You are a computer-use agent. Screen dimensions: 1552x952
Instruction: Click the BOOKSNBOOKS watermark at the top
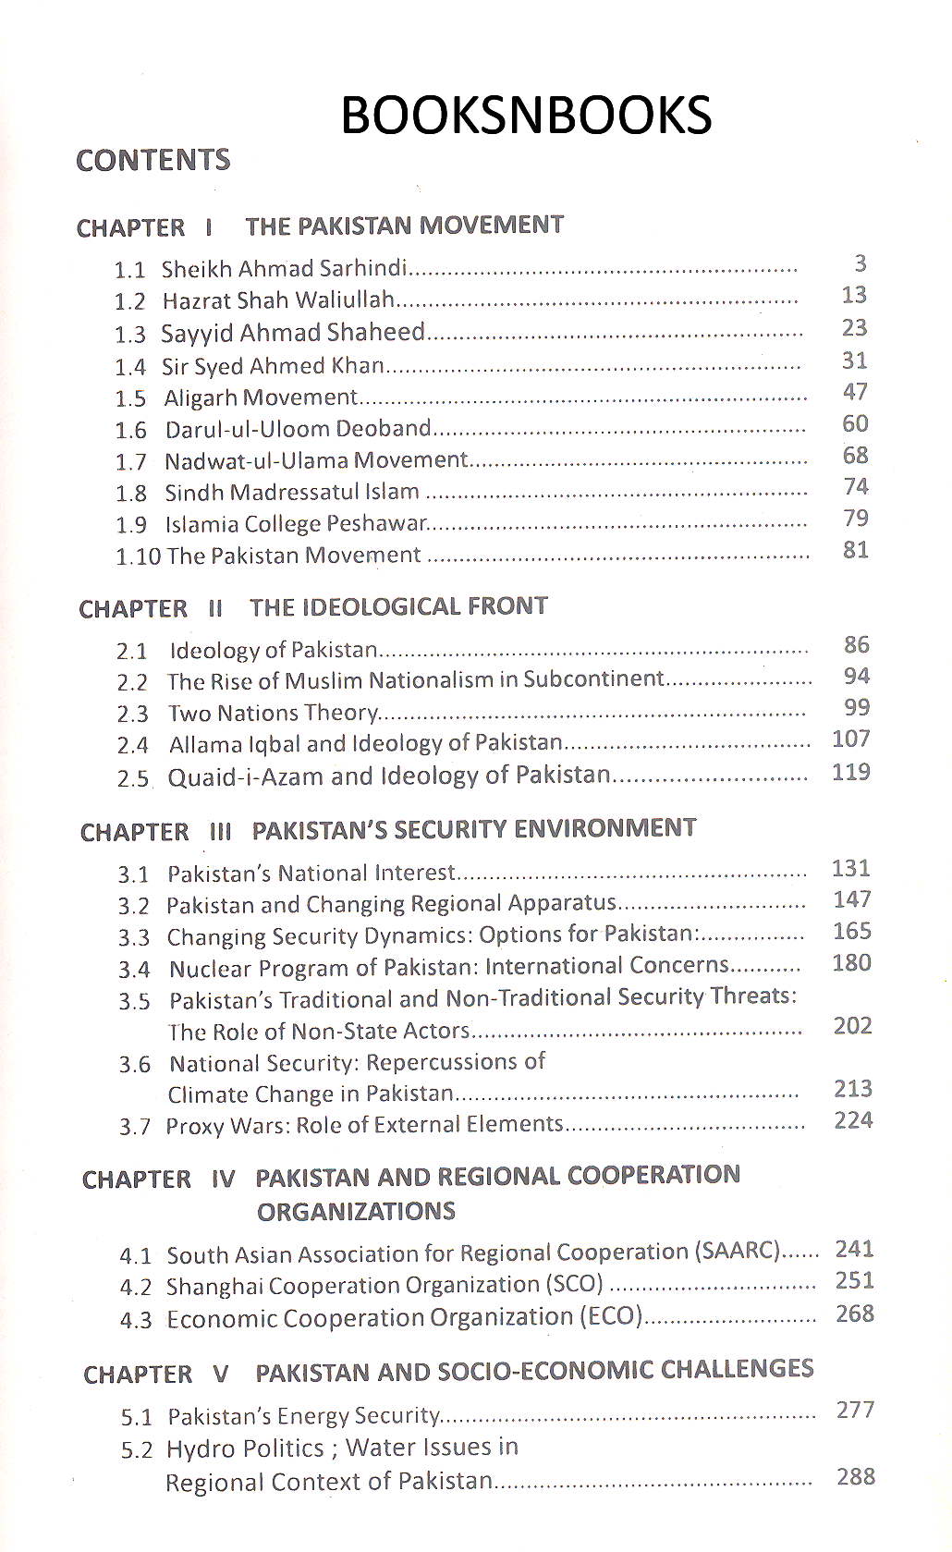point(526,116)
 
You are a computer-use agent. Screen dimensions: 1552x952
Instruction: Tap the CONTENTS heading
point(153,161)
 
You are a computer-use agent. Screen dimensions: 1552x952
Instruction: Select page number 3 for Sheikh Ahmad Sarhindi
point(860,264)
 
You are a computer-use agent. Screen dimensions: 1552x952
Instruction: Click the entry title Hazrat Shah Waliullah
point(278,300)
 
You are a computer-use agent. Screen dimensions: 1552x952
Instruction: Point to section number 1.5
point(130,399)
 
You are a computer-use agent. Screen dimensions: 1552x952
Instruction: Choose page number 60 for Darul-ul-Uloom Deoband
point(855,423)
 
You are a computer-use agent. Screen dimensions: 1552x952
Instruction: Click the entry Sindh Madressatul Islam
point(292,493)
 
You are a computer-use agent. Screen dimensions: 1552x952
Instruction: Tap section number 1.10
point(138,556)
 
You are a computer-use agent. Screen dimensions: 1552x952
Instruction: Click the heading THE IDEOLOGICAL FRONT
point(398,606)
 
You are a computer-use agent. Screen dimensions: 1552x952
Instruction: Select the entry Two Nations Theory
point(273,713)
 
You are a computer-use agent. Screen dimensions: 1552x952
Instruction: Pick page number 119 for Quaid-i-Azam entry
point(850,772)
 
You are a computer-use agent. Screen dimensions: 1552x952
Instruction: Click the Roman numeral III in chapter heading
point(220,831)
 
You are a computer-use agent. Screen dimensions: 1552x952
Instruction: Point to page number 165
point(851,931)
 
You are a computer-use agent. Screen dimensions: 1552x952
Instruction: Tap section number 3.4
point(134,970)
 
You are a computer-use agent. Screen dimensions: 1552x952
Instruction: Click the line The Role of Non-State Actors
point(319,1031)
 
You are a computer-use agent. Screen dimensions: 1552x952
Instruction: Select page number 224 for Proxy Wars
point(852,1120)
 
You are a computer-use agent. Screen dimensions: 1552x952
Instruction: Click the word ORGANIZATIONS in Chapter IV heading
point(356,1212)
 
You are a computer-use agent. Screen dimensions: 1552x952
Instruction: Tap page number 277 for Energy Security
point(855,1410)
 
